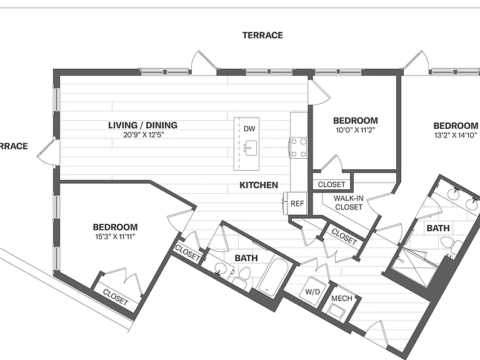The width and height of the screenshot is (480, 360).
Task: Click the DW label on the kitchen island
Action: (x=249, y=129)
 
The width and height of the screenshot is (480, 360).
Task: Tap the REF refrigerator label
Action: (x=297, y=204)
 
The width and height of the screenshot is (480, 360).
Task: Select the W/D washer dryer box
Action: (x=313, y=290)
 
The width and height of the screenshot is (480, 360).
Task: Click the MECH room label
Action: (x=342, y=298)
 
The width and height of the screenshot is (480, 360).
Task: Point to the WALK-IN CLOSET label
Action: (x=349, y=202)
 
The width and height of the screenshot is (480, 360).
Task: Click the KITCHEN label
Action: (x=259, y=185)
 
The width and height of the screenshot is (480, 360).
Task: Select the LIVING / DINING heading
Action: (x=142, y=125)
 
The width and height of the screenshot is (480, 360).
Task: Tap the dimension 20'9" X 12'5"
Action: (x=144, y=135)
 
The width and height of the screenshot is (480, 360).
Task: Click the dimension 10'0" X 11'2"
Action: (x=356, y=130)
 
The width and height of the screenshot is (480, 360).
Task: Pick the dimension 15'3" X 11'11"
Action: (x=115, y=237)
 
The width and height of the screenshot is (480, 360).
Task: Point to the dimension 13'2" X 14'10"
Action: (x=456, y=135)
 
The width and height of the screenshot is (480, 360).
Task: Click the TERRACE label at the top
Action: (x=262, y=35)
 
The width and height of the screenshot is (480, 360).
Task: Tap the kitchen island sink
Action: (x=251, y=148)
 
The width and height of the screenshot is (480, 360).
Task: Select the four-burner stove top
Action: (x=299, y=147)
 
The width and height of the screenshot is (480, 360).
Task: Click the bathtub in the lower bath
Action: (x=272, y=278)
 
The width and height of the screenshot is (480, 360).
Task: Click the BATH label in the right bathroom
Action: (x=438, y=228)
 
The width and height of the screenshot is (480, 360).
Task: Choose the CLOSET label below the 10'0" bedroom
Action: (x=331, y=184)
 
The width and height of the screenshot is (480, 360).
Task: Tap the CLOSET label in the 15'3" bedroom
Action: (x=116, y=297)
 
